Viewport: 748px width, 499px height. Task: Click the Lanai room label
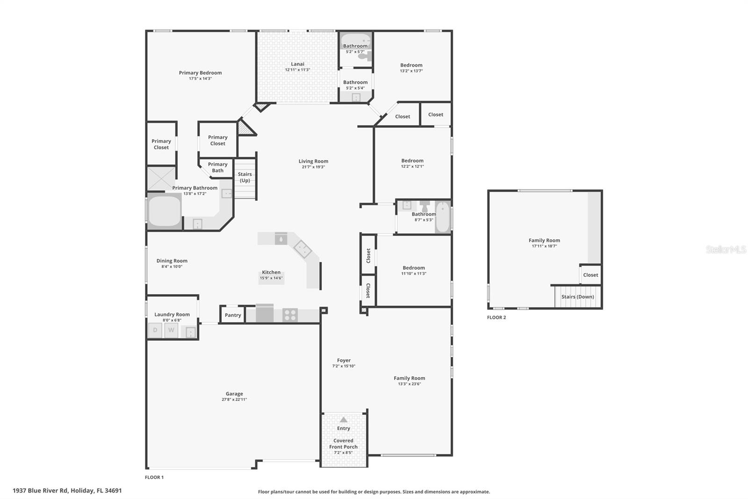pos(297,64)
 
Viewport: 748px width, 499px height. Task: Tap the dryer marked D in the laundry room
pos(155,330)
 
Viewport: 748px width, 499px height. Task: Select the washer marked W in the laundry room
pos(171,330)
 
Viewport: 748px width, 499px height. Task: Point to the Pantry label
pos(233,315)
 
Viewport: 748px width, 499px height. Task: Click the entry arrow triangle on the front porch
pos(343,419)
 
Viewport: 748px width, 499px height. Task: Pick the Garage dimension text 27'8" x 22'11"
pos(234,399)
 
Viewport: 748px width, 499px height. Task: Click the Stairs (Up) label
pos(245,177)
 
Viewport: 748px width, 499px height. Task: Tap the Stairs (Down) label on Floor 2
pos(577,297)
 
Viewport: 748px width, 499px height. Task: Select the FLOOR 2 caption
pos(496,317)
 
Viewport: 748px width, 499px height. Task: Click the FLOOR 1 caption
pos(154,477)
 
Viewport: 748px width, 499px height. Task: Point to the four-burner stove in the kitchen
pos(290,315)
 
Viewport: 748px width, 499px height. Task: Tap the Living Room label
pos(313,161)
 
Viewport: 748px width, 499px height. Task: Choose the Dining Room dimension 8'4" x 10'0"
pos(172,266)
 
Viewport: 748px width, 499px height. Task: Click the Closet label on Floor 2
pos(590,275)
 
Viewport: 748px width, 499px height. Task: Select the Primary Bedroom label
pos(200,73)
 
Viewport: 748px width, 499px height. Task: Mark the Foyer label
pos(344,360)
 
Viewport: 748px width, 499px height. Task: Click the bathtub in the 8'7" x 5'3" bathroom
pos(443,217)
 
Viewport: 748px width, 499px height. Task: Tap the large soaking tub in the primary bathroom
pos(164,212)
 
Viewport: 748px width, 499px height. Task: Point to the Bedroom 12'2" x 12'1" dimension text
pos(412,166)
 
